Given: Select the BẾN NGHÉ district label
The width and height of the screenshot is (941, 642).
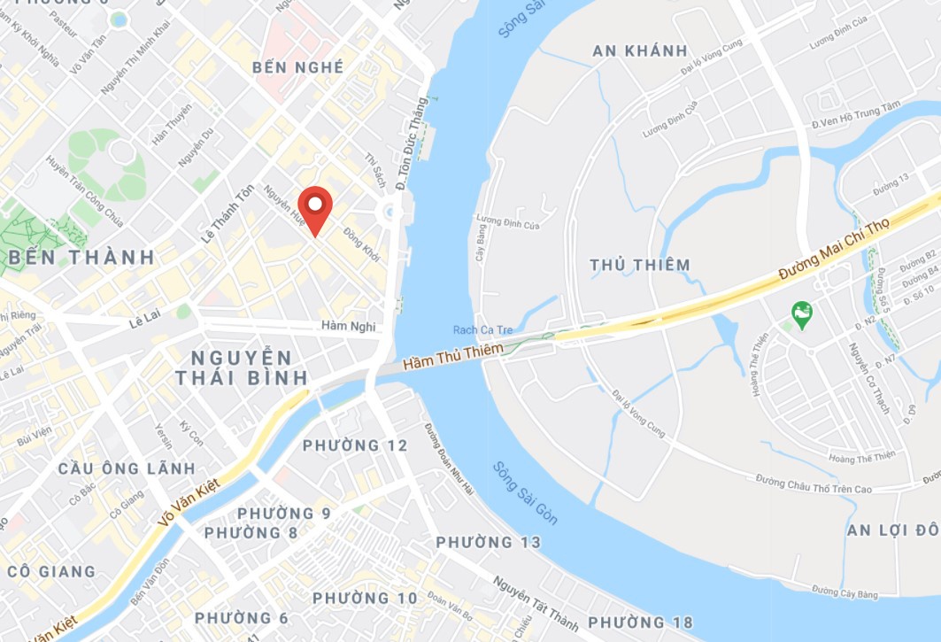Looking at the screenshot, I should coord(297,68).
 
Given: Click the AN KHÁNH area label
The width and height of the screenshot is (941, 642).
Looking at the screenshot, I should coord(640,50).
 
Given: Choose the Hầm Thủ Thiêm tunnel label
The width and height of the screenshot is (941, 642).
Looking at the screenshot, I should coord(452,356).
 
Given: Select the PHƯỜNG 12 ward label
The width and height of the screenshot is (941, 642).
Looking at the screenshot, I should coord(355,445).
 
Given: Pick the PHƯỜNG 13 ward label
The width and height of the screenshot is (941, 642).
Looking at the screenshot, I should coord(488,542).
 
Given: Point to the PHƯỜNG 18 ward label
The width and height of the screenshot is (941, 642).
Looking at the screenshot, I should coord(640,623).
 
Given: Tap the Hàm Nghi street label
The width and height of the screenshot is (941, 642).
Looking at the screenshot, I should coord(349,327).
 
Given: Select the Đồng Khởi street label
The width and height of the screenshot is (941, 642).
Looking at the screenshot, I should coord(362,245).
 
